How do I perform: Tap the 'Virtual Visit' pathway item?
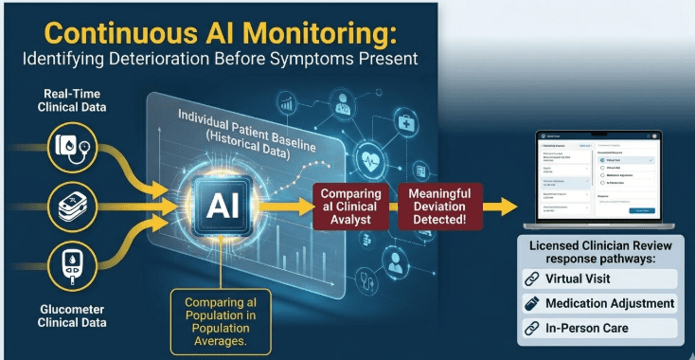[600, 279]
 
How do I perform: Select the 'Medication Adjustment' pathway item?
[600, 304]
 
